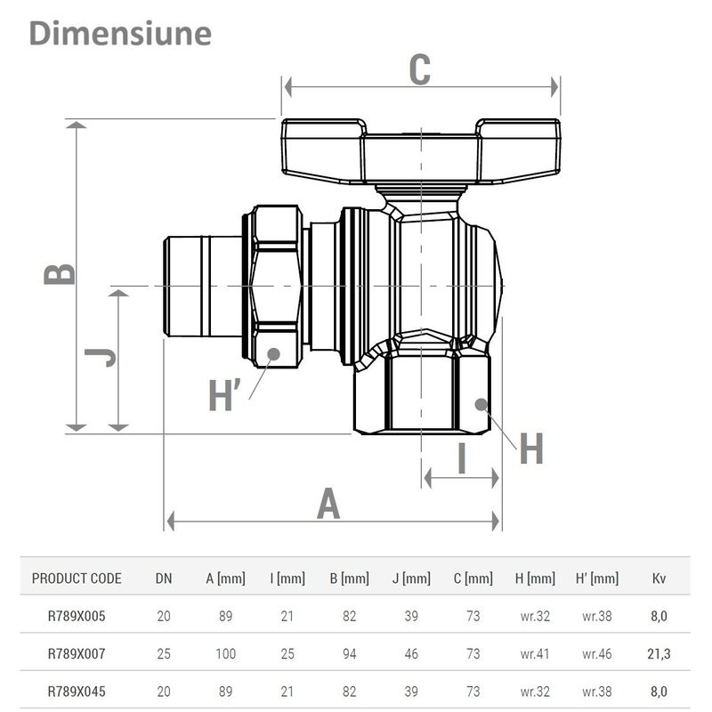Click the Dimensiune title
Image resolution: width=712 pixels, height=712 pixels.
tap(120, 33)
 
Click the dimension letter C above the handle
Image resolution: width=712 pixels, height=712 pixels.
tap(420, 70)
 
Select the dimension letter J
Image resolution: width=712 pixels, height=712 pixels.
tap(101, 358)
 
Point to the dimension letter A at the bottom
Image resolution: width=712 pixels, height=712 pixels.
tap(329, 504)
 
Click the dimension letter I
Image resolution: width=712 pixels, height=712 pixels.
tap(461, 458)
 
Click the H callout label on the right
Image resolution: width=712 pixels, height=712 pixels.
tap(530, 450)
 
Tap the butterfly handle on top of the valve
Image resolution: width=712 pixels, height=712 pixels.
tap(422, 150)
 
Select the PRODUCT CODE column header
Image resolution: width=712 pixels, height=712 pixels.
tap(77, 578)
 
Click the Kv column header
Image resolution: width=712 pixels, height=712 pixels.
tap(659, 578)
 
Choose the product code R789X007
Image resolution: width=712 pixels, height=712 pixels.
tap(77, 654)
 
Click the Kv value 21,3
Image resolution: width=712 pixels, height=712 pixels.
tap(659, 654)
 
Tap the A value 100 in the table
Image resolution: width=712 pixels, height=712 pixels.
tap(225, 654)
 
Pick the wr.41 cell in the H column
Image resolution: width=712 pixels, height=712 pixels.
tap(535, 654)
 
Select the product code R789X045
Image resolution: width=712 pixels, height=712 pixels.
tap(77, 691)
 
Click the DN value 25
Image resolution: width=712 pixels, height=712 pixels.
tap(164, 654)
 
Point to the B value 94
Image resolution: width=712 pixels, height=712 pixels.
tap(349, 654)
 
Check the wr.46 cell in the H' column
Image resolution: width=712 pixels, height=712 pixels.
tap(597, 654)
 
